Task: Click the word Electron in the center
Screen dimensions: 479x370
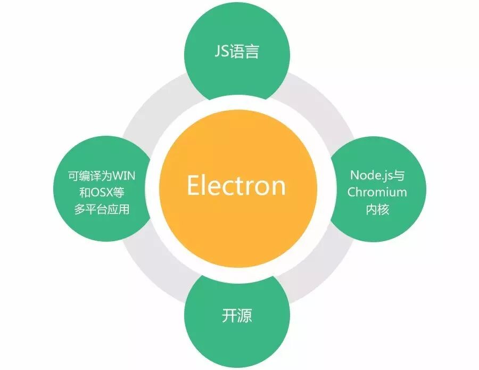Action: tap(236, 185)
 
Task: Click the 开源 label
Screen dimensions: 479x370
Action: tap(237, 315)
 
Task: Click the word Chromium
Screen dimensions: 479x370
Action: tap(377, 192)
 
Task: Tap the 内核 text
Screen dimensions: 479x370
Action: tap(377, 209)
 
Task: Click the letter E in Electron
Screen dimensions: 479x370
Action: tap(194, 185)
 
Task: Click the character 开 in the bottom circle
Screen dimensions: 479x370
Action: tap(229, 315)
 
